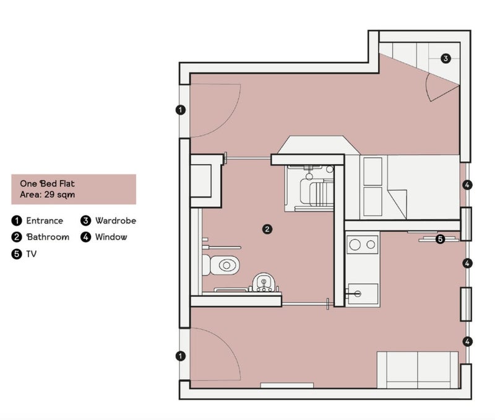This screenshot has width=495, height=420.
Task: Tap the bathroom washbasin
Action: pos(264,282)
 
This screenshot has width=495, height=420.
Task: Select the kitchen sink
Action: pos(363,294)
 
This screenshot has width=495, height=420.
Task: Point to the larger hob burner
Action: pos(355,244)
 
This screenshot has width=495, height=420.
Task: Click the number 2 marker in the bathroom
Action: pos(267,229)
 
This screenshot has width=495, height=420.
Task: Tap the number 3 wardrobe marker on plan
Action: pos(445,58)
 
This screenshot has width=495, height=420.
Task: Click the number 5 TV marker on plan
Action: pos(440,239)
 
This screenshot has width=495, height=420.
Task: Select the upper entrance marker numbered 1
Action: pos(180,110)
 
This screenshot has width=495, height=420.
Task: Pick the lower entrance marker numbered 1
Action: pos(180,356)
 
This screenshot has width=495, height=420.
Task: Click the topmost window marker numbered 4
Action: pos(468,185)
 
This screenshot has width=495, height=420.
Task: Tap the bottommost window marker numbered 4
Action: pos(468,341)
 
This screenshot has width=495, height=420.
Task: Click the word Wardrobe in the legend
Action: pos(116,221)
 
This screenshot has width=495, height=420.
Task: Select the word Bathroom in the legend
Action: pos(48,237)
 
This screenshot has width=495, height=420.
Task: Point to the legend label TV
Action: pos(32,254)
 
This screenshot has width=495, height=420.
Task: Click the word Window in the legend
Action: pos(111,237)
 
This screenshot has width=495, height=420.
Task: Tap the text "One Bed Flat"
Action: pos(48,183)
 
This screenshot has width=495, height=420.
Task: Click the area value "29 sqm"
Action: pos(59,195)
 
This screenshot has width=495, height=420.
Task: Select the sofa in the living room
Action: pos(418,370)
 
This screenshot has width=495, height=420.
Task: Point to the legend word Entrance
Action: pos(45,221)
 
